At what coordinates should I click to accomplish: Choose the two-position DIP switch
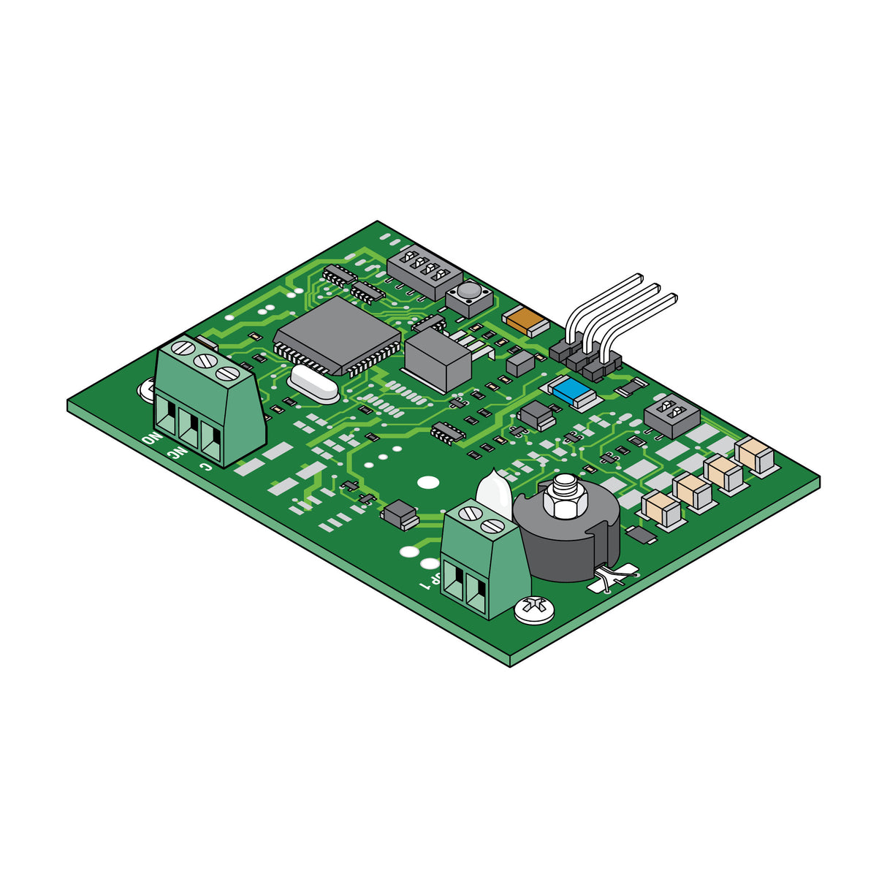click(x=671, y=414)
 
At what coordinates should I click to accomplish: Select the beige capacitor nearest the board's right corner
click(x=755, y=456)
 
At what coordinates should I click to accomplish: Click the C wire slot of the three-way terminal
click(x=211, y=441)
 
